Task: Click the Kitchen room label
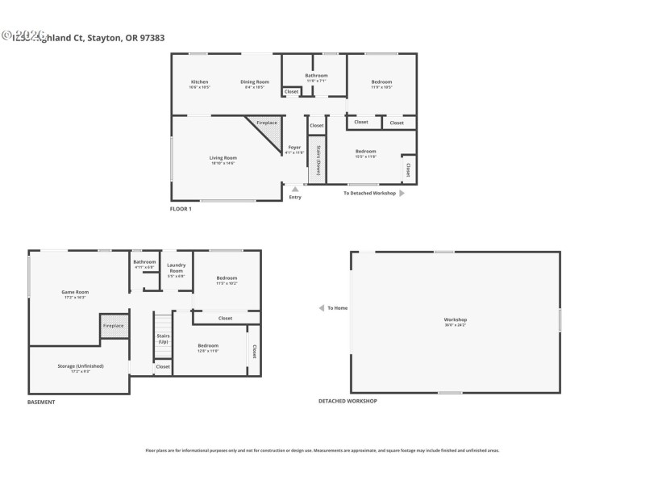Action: (x=199, y=82)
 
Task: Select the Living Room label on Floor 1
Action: (x=223, y=158)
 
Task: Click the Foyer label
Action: (x=295, y=148)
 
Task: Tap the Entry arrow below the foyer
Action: (x=295, y=190)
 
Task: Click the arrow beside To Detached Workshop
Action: (x=402, y=194)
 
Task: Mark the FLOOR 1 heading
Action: (x=181, y=209)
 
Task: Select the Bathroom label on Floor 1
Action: (x=316, y=76)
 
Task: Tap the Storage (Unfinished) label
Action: (x=80, y=366)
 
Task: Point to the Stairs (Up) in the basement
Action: (x=163, y=339)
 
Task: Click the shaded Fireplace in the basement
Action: (x=114, y=324)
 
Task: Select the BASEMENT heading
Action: (x=41, y=402)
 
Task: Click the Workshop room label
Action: (x=456, y=319)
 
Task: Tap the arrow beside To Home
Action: (x=322, y=308)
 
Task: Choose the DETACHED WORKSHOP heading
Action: (x=347, y=401)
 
